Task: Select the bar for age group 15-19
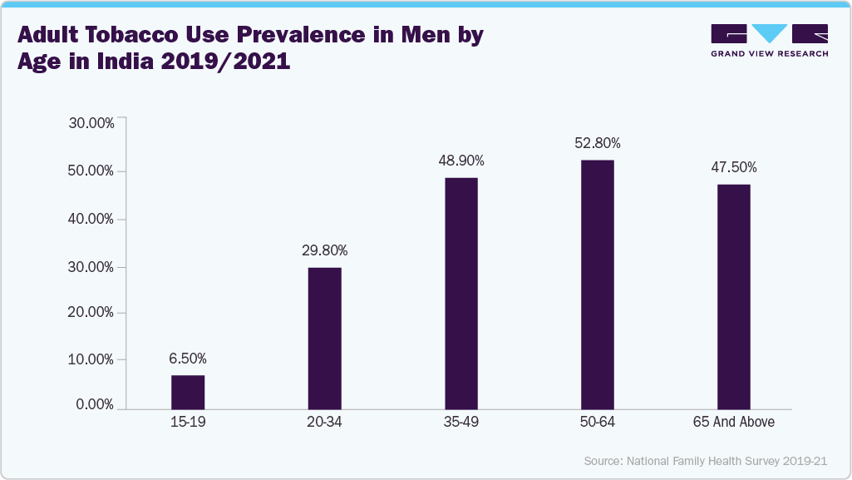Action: click(188, 392)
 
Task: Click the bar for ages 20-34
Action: click(324, 338)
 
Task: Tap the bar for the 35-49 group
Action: click(461, 293)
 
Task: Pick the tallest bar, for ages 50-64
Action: click(598, 284)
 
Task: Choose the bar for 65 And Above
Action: click(734, 296)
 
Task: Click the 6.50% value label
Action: click(187, 359)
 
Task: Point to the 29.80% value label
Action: click(324, 250)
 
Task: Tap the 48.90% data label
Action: click(461, 161)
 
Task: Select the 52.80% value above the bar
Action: click(598, 143)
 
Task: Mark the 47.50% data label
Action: click(734, 167)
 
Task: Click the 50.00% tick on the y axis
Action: click(91, 171)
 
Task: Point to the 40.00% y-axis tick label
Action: click(91, 219)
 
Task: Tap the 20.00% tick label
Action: click(91, 313)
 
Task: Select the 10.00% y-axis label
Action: click(91, 359)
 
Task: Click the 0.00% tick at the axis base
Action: click(95, 405)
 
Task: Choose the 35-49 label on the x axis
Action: click(461, 423)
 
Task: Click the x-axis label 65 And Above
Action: click(734, 423)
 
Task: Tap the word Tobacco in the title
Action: click(149, 36)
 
